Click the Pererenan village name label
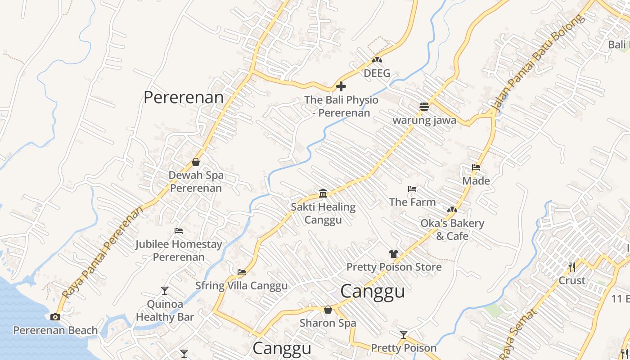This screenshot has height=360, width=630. coord(183,98)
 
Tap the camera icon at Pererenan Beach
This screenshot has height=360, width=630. coord(55,317)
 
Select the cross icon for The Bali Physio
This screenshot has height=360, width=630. coord(341,86)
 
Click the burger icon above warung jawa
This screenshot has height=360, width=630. coord(424,107)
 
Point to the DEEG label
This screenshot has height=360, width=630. coord(377,73)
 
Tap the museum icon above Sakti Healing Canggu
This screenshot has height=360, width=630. coord(323,193)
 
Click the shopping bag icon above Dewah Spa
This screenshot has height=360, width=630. coord(196,162)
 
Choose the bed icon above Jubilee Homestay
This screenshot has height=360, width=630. coord(179,231)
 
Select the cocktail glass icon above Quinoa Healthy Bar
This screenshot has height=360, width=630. coord(165,291)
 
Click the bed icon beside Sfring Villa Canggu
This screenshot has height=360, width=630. coord(242,272)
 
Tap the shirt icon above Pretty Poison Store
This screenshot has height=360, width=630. coord(394,254)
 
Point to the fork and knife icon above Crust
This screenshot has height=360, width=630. coord(571,267)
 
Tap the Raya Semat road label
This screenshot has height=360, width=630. coord(518,333)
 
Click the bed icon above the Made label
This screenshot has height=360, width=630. coord(476,167)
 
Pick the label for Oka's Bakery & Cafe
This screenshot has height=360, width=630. coord(452,229)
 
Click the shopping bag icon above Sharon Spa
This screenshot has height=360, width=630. coord(328,310)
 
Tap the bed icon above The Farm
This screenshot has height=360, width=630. coord(412,189)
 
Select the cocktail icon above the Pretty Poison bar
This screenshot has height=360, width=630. coord(404,334)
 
